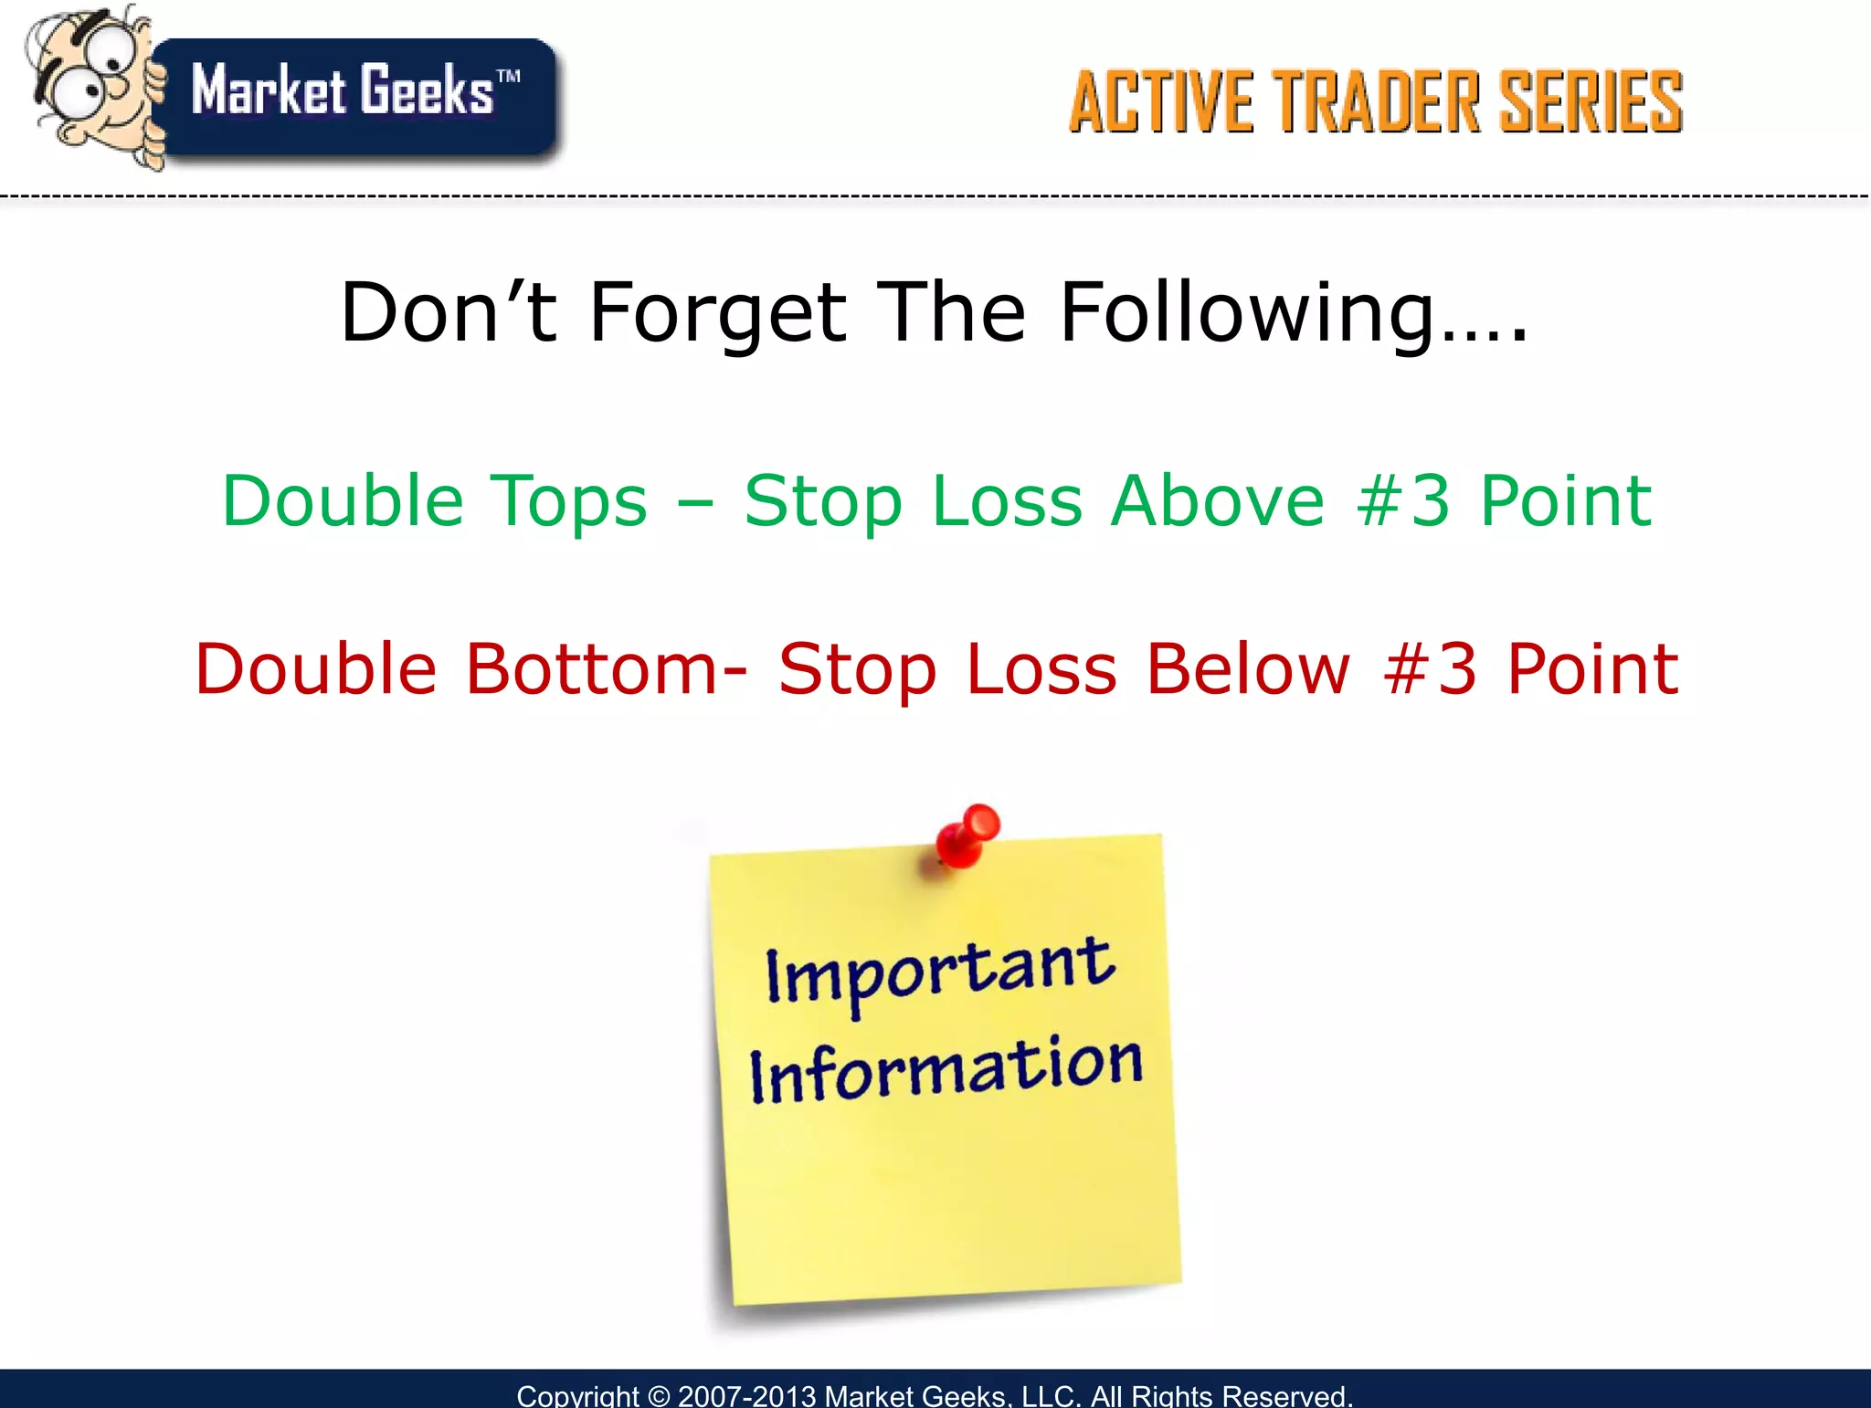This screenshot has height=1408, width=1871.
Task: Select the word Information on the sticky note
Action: pyautogui.click(x=946, y=1068)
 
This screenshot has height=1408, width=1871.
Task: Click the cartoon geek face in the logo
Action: pyautogui.click(x=91, y=82)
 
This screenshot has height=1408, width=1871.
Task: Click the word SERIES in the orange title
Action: pyautogui.click(x=1591, y=102)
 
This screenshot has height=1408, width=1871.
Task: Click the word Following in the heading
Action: pyautogui.click(x=1247, y=313)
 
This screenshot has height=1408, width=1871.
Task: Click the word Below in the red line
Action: pyautogui.click(x=1247, y=668)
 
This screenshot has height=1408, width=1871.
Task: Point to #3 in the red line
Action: pyautogui.click(x=1431, y=668)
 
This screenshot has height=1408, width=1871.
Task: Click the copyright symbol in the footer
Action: pyautogui.click(x=658, y=1396)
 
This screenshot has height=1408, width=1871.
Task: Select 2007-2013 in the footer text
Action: pyautogui.click(x=746, y=1396)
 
